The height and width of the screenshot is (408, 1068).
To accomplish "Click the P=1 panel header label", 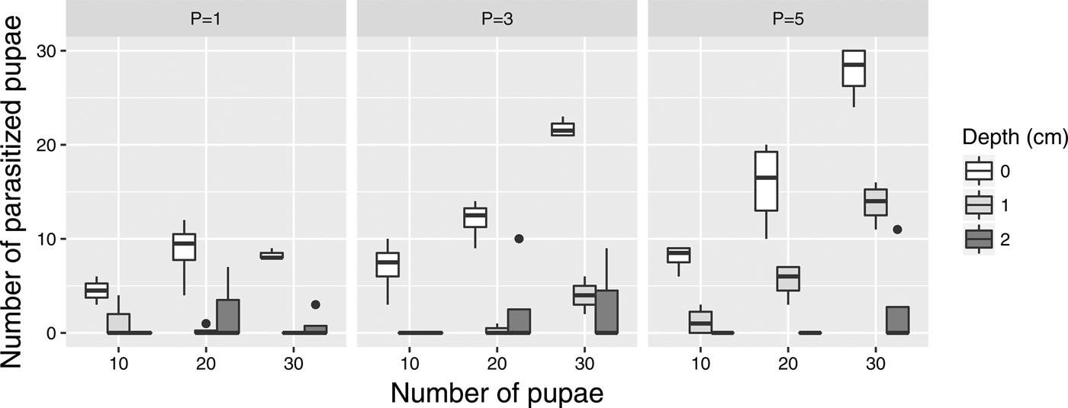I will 206,20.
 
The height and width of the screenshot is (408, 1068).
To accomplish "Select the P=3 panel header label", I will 497,20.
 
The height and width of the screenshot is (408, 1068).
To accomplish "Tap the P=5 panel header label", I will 788,20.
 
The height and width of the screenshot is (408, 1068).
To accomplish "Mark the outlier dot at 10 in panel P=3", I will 519,239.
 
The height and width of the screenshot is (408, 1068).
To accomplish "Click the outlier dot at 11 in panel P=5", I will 897,230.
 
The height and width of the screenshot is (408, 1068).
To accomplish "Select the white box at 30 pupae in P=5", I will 853,68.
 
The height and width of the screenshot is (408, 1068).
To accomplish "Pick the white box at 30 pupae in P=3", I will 562,130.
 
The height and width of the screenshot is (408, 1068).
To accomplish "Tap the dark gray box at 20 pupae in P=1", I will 227,316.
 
